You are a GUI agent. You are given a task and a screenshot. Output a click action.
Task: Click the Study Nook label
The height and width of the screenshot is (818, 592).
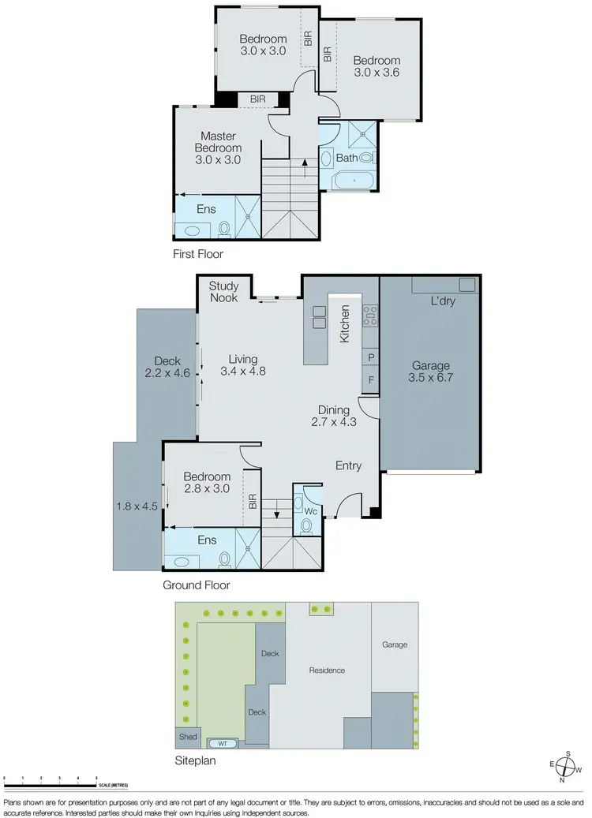(224, 292)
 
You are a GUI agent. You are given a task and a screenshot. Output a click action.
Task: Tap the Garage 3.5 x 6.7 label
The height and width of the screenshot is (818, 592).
(430, 372)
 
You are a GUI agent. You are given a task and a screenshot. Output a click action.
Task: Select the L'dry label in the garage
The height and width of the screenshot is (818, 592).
(443, 301)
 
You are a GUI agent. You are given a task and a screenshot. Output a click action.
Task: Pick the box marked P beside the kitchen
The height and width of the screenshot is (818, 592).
(370, 358)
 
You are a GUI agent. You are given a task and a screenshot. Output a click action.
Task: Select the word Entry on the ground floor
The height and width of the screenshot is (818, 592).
(348, 465)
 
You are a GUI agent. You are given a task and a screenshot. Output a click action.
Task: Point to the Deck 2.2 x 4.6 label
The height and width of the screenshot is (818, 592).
(167, 368)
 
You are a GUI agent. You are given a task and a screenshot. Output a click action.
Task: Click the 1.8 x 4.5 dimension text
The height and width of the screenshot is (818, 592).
(139, 507)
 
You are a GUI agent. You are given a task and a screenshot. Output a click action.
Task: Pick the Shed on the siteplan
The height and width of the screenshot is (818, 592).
(188, 737)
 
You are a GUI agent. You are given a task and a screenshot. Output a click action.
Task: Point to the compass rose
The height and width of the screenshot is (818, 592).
(567, 766)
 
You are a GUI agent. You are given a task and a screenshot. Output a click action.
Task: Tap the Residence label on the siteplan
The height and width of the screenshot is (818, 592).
(327, 670)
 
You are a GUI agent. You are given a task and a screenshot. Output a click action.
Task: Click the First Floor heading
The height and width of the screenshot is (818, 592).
(198, 254)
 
